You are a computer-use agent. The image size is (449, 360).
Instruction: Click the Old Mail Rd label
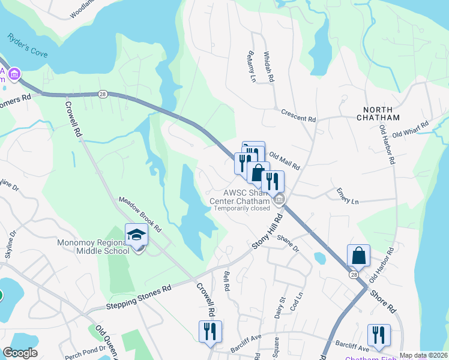[x=284, y=160]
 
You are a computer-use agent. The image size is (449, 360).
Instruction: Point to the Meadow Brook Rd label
[x=140, y=215]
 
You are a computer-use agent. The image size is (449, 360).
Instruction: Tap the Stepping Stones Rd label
[x=139, y=297]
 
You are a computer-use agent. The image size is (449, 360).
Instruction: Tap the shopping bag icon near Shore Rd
[x=358, y=255]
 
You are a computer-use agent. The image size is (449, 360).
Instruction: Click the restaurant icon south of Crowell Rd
[x=210, y=331]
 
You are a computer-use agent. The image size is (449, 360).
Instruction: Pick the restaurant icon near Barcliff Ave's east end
[x=379, y=335]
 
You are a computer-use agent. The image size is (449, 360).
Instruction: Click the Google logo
[x=20, y=353]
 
